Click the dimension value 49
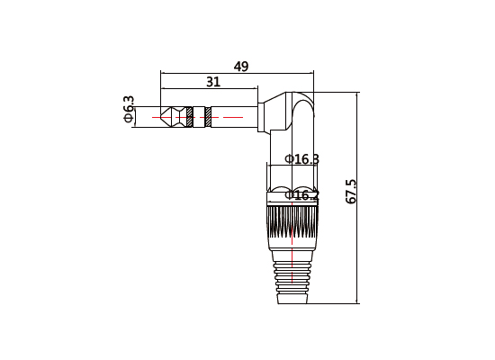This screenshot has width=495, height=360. [240, 66]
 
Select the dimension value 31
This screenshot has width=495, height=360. [212, 82]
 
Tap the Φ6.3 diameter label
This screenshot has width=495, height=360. [128, 109]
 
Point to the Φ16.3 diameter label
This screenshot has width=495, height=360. [301, 159]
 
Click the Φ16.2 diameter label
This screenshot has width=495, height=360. [301, 194]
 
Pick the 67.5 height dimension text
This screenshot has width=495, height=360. [352, 191]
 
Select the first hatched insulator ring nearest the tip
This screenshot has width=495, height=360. [190, 116]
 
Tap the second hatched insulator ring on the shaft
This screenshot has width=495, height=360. [208, 116]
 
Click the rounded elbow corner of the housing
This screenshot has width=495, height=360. [304, 103]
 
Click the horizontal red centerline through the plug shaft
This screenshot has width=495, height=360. [225, 117]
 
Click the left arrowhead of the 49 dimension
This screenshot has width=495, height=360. [163, 73]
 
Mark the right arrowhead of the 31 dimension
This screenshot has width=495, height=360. [256, 89]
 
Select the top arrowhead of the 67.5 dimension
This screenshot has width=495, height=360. [358, 94]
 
